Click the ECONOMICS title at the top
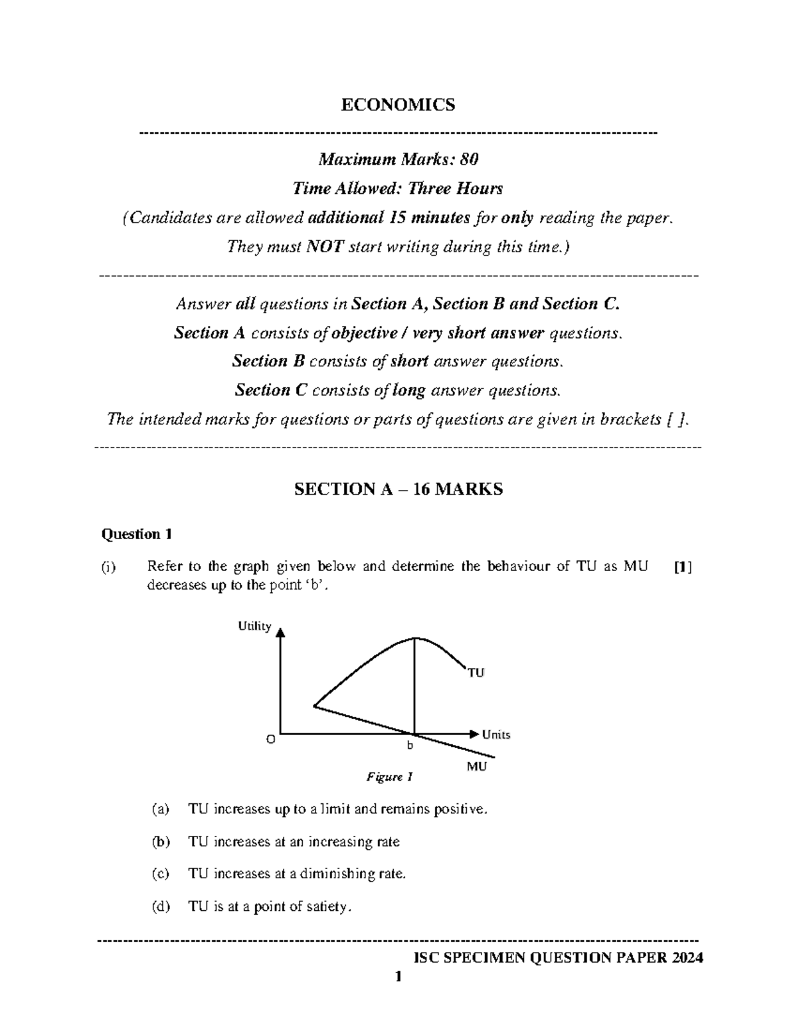point(398,105)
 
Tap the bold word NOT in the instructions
point(324,247)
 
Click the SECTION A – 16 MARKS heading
point(398,489)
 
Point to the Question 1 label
point(137,534)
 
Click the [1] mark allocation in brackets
point(682,567)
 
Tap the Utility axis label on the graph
point(255,626)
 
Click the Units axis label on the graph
point(496,734)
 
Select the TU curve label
point(476,673)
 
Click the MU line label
point(476,767)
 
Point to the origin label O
point(270,739)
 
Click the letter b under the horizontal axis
point(410,746)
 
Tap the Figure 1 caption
point(390,777)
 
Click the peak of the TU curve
point(415,639)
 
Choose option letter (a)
point(160,809)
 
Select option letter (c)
point(160,874)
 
